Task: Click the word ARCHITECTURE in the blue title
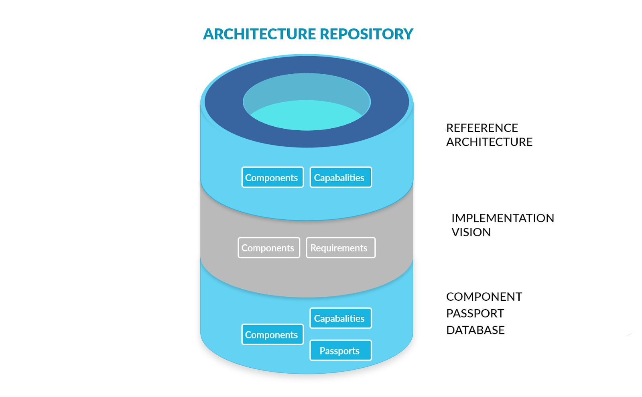tap(260, 34)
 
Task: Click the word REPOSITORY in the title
tap(366, 34)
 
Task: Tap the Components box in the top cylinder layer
tap(272, 177)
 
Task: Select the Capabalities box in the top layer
tap(341, 177)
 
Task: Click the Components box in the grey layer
tap(269, 248)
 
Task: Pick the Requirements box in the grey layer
tap(341, 248)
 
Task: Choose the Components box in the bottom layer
tap(272, 334)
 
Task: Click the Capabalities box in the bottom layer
tap(341, 318)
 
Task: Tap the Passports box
tap(341, 350)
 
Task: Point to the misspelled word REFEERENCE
tap(482, 128)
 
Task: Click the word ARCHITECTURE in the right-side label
tap(489, 142)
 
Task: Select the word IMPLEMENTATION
tap(502, 218)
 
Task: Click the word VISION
tap(471, 232)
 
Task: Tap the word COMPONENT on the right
tap(484, 297)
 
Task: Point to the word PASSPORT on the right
tap(475, 313)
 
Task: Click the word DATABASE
tap(475, 330)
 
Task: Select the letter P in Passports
tap(322, 351)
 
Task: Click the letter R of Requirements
tap(313, 248)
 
